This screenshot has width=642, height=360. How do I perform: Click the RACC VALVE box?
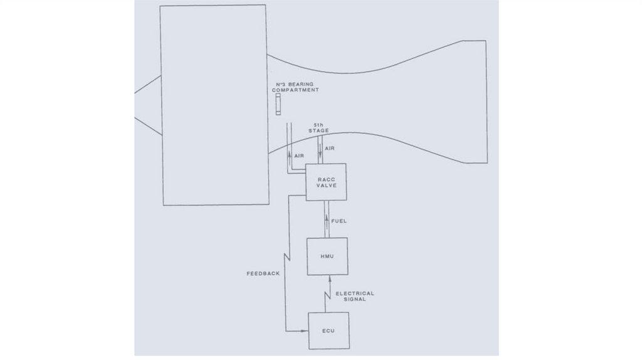pos(325,182)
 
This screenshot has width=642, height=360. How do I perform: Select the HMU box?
pos(327,257)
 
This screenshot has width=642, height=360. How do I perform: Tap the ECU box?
pos(328,330)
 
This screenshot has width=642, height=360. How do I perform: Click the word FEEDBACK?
pos(262,274)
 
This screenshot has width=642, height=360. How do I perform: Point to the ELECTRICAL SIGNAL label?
pos(355,296)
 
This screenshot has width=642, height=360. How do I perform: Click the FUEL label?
pos(339,221)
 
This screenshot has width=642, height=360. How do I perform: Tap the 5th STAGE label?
pos(318,128)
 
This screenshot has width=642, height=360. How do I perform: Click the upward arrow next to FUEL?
pos(326,220)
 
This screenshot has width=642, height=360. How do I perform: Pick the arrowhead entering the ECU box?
pos(305,331)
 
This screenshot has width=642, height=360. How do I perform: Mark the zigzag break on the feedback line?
pos(285,258)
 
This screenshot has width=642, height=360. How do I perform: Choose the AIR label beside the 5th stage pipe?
pos(330,148)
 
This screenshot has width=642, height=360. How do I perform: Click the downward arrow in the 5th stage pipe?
pos(320,150)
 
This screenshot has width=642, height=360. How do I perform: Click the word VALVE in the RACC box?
pos(325,186)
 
